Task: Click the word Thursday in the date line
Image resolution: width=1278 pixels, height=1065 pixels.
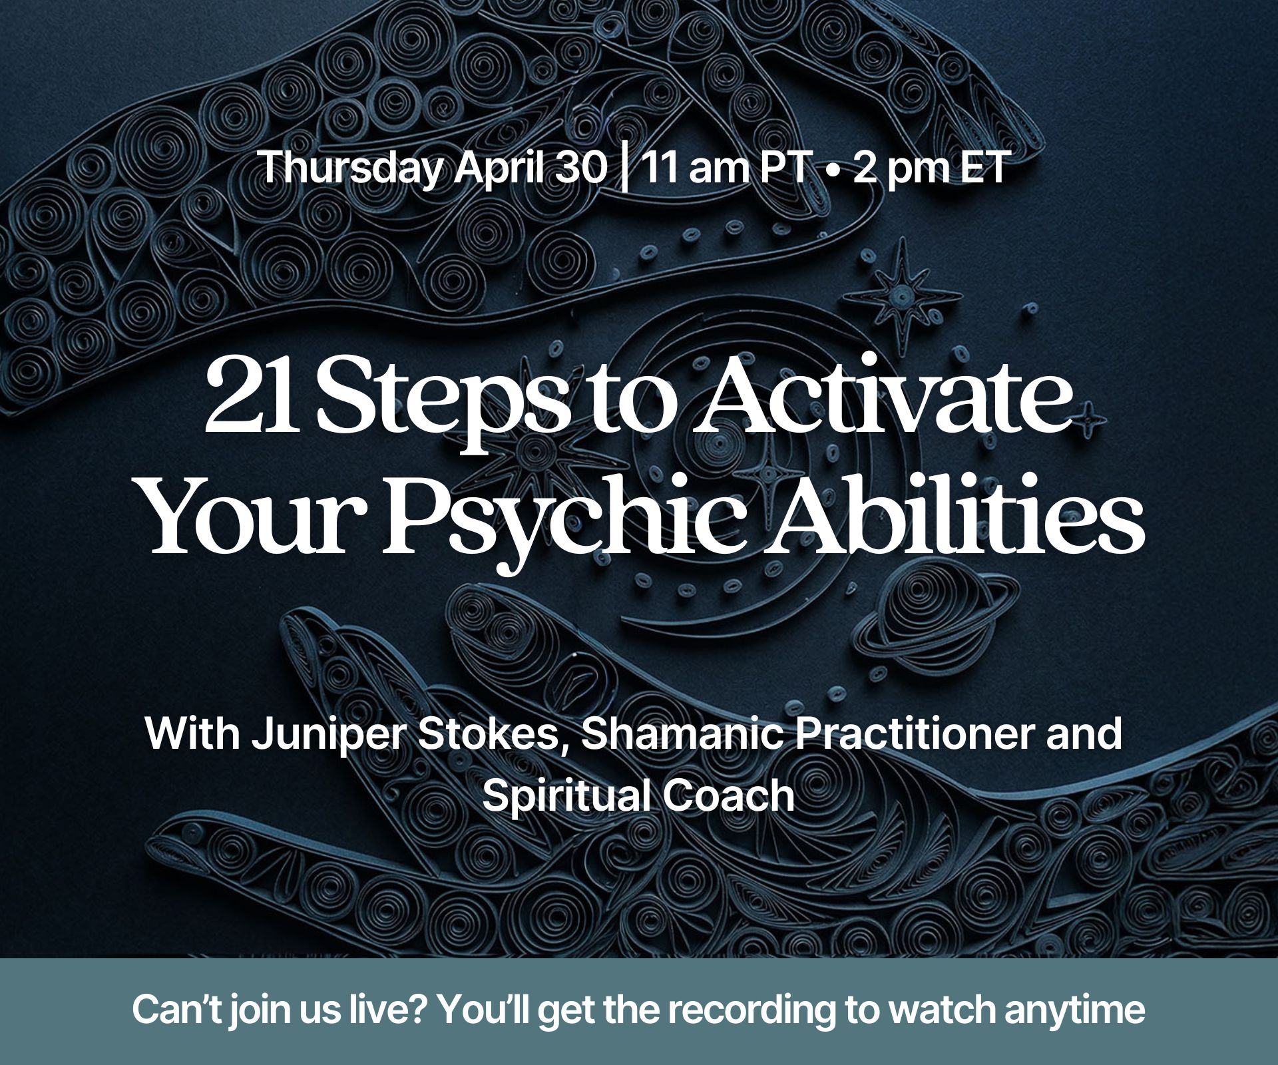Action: tap(351, 168)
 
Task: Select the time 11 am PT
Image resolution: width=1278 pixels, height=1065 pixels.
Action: tap(724, 168)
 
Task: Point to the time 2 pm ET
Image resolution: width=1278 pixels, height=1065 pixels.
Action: tap(929, 168)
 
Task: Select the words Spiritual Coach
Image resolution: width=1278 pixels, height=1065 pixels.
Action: tap(638, 796)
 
